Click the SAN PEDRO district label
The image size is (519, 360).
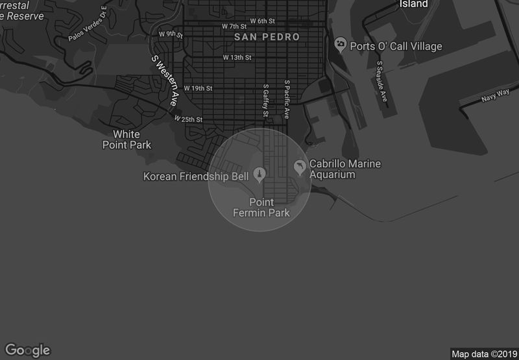267,37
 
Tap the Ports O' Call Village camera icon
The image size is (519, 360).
340,45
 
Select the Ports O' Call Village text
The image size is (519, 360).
396,46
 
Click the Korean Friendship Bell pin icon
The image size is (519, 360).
259,173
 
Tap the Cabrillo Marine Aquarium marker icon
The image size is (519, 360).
300,167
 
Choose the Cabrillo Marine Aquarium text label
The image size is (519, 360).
344,169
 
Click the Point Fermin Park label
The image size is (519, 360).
261,208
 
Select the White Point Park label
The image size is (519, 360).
127,139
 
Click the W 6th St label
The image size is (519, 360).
262,21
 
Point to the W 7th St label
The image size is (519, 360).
234,27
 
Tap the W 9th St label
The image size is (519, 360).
171,34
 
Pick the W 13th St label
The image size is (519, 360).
237,57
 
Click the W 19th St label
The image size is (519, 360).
198,88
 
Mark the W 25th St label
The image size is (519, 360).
188,119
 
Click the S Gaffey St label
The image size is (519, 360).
265,101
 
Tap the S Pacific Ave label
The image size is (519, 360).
287,99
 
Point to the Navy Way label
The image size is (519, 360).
495,97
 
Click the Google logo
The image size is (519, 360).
28,350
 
